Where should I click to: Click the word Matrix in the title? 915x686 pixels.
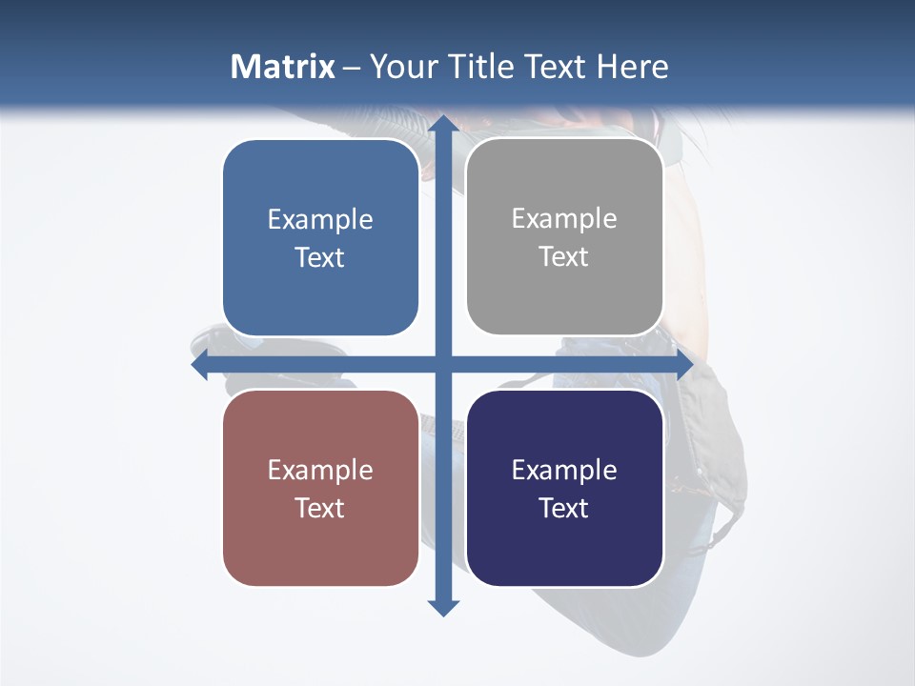click(283, 67)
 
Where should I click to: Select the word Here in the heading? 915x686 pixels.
click(632, 67)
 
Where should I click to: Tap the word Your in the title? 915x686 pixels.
click(399, 67)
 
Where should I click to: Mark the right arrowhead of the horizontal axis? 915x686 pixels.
click(683, 365)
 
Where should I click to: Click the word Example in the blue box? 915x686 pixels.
click(320, 220)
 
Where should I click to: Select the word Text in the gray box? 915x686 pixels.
click(564, 257)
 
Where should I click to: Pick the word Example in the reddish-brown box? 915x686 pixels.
click(320, 471)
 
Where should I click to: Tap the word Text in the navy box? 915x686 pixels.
click(564, 508)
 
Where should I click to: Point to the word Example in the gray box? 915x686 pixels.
click(564, 219)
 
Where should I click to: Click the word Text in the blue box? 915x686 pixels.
click(320, 258)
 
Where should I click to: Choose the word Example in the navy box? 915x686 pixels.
click(564, 471)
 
